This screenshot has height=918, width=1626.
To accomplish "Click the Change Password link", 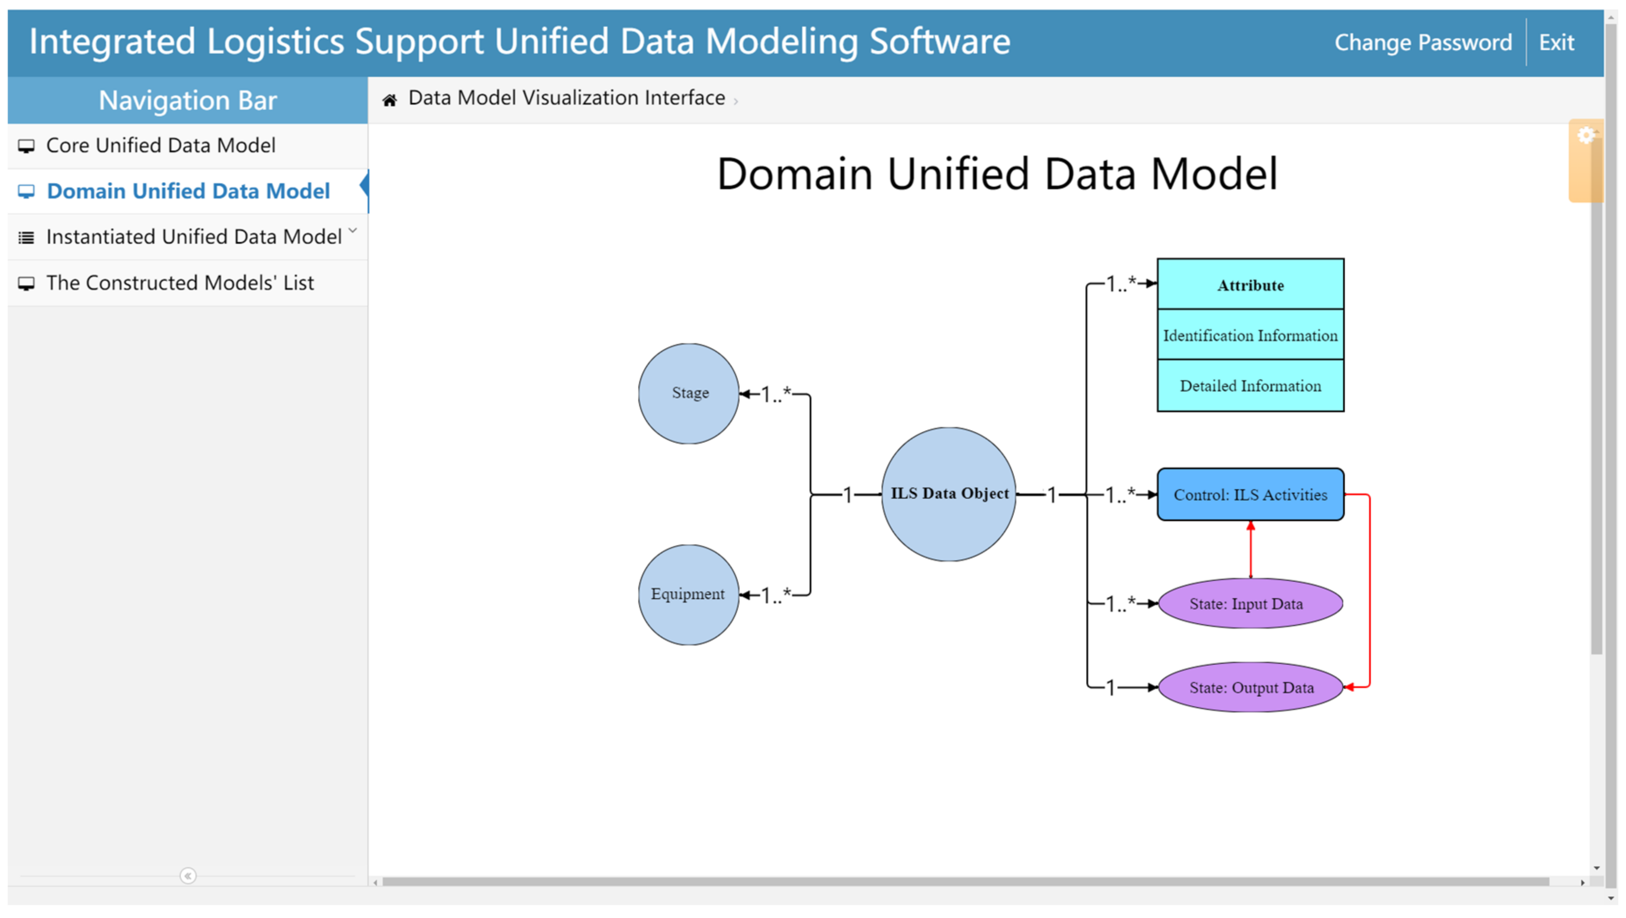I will click(1422, 42).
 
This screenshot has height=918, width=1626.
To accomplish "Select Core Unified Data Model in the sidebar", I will click(160, 145).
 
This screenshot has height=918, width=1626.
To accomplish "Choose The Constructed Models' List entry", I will click(179, 283).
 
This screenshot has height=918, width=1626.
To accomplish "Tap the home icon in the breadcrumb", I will click(390, 100).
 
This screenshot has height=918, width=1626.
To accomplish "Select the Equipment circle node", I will click(688, 594).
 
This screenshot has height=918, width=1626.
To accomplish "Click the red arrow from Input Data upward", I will click(1251, 549).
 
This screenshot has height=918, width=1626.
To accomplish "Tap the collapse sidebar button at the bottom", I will click(188, 875).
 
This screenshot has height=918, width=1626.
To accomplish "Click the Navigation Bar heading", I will click(188, 100).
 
